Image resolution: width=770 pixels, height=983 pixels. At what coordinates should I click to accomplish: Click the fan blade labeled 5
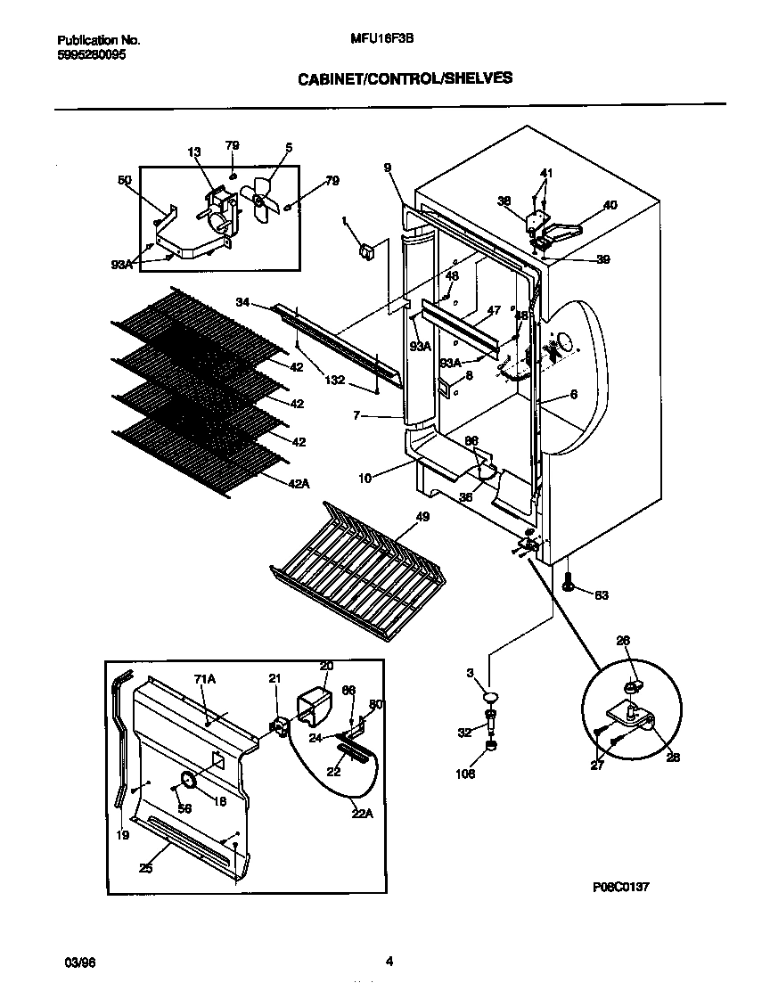coord(263,198)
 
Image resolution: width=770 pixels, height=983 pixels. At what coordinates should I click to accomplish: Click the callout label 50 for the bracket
coord(124,180)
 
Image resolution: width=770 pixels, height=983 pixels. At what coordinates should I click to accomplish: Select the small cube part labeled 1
coord(365,254)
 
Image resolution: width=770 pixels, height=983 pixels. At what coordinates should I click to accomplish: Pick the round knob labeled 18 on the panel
coord(189,781)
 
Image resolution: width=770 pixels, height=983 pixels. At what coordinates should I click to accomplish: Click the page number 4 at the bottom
coord(389,961)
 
